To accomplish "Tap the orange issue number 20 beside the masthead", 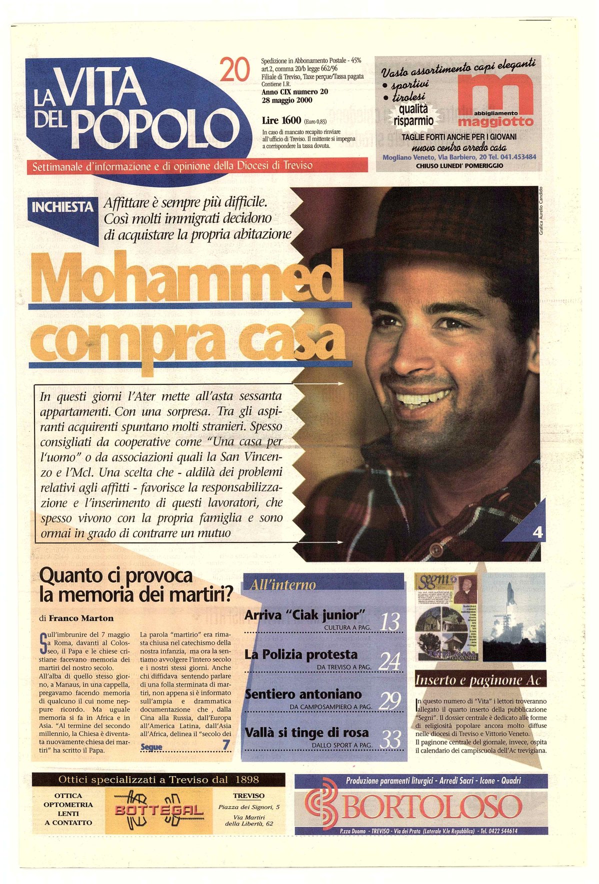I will click(x=234, y=70).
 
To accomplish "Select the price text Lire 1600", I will click(x=281, y=120).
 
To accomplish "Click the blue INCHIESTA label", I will click(x=62, y=207).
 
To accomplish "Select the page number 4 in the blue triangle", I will click(x=537, y=532).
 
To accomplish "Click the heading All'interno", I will click(x=283, y=584).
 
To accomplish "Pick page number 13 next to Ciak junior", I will click(x=390, y=622).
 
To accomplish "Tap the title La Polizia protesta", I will click(x=301, y=654).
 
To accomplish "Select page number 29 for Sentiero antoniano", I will click(x=390, y=701).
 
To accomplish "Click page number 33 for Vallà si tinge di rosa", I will click(x=390, y=739).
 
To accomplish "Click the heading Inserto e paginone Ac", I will click(x=477, y=680).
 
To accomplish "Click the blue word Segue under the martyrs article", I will click(x=151, y=747).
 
